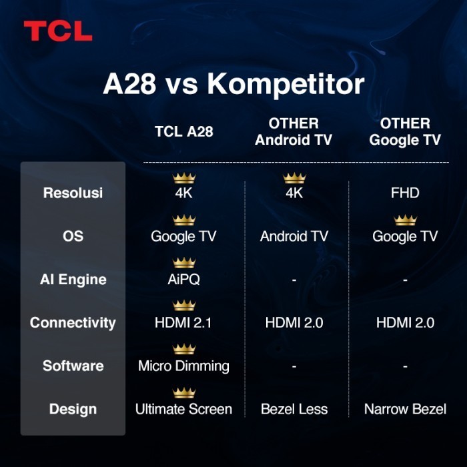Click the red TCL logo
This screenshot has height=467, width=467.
click(57, 31)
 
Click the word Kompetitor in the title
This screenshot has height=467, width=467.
click(286, 85)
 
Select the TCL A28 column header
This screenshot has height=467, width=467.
click(183, 131)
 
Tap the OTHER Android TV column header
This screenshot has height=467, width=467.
click(294, 131)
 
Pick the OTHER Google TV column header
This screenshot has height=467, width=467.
click(405, 131)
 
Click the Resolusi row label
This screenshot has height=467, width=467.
click(73, 193)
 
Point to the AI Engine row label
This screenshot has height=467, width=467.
click(73, 280)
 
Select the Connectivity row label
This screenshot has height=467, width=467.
click(73, 323)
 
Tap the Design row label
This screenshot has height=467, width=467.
click(73, 409)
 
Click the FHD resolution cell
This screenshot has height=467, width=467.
click(405, 193)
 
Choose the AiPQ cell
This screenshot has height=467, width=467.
click(183, 280)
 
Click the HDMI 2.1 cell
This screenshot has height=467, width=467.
click(183, 323)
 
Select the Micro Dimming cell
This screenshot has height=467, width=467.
click(183, 366)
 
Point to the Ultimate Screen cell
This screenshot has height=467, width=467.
click(183, 409)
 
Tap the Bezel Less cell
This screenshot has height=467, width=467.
click(294, 409)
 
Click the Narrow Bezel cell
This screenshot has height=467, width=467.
click(405, 409)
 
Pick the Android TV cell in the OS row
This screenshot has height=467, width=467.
click(294, 236)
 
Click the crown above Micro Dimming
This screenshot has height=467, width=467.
click(183, 349)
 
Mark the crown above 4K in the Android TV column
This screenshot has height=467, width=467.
click(294, 177)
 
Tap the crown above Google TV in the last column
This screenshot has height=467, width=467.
click(405, 220)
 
